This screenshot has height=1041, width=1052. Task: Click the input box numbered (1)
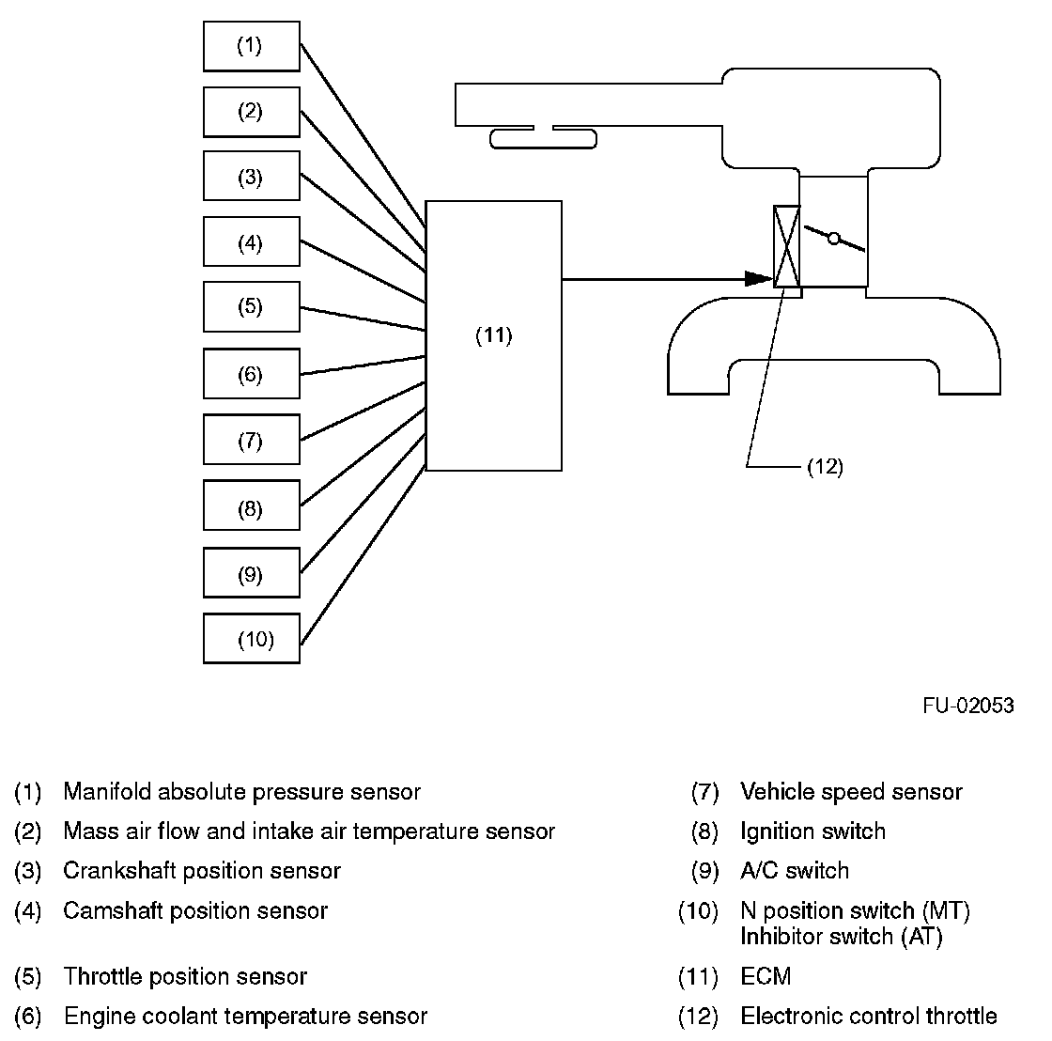[252, 46]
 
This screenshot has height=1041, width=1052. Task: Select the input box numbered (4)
[252, 241]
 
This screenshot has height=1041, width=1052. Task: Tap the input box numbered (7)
[252, 440]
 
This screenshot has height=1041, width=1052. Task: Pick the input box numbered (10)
[252, 638]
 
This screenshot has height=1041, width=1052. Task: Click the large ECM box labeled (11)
[494, 335]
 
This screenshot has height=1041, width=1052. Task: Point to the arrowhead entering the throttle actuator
[760, 278]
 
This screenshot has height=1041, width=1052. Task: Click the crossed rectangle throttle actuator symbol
[787, 246]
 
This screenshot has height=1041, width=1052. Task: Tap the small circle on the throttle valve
[834, 239]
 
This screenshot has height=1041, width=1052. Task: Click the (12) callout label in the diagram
[825, 466]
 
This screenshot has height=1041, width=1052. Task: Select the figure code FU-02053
[968, 706]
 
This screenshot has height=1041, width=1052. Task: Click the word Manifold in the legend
[107, 791]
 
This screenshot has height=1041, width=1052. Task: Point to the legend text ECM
[766, 976]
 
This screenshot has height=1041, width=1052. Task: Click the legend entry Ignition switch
[812, 831]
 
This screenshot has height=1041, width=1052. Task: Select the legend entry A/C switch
[795, 871]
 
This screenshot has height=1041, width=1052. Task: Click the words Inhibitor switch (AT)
[842, 936]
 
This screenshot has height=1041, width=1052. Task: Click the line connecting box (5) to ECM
[363, 319]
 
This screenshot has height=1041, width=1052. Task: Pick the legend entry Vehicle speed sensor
[851, 791]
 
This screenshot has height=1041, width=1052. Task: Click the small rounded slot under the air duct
[544, 140]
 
